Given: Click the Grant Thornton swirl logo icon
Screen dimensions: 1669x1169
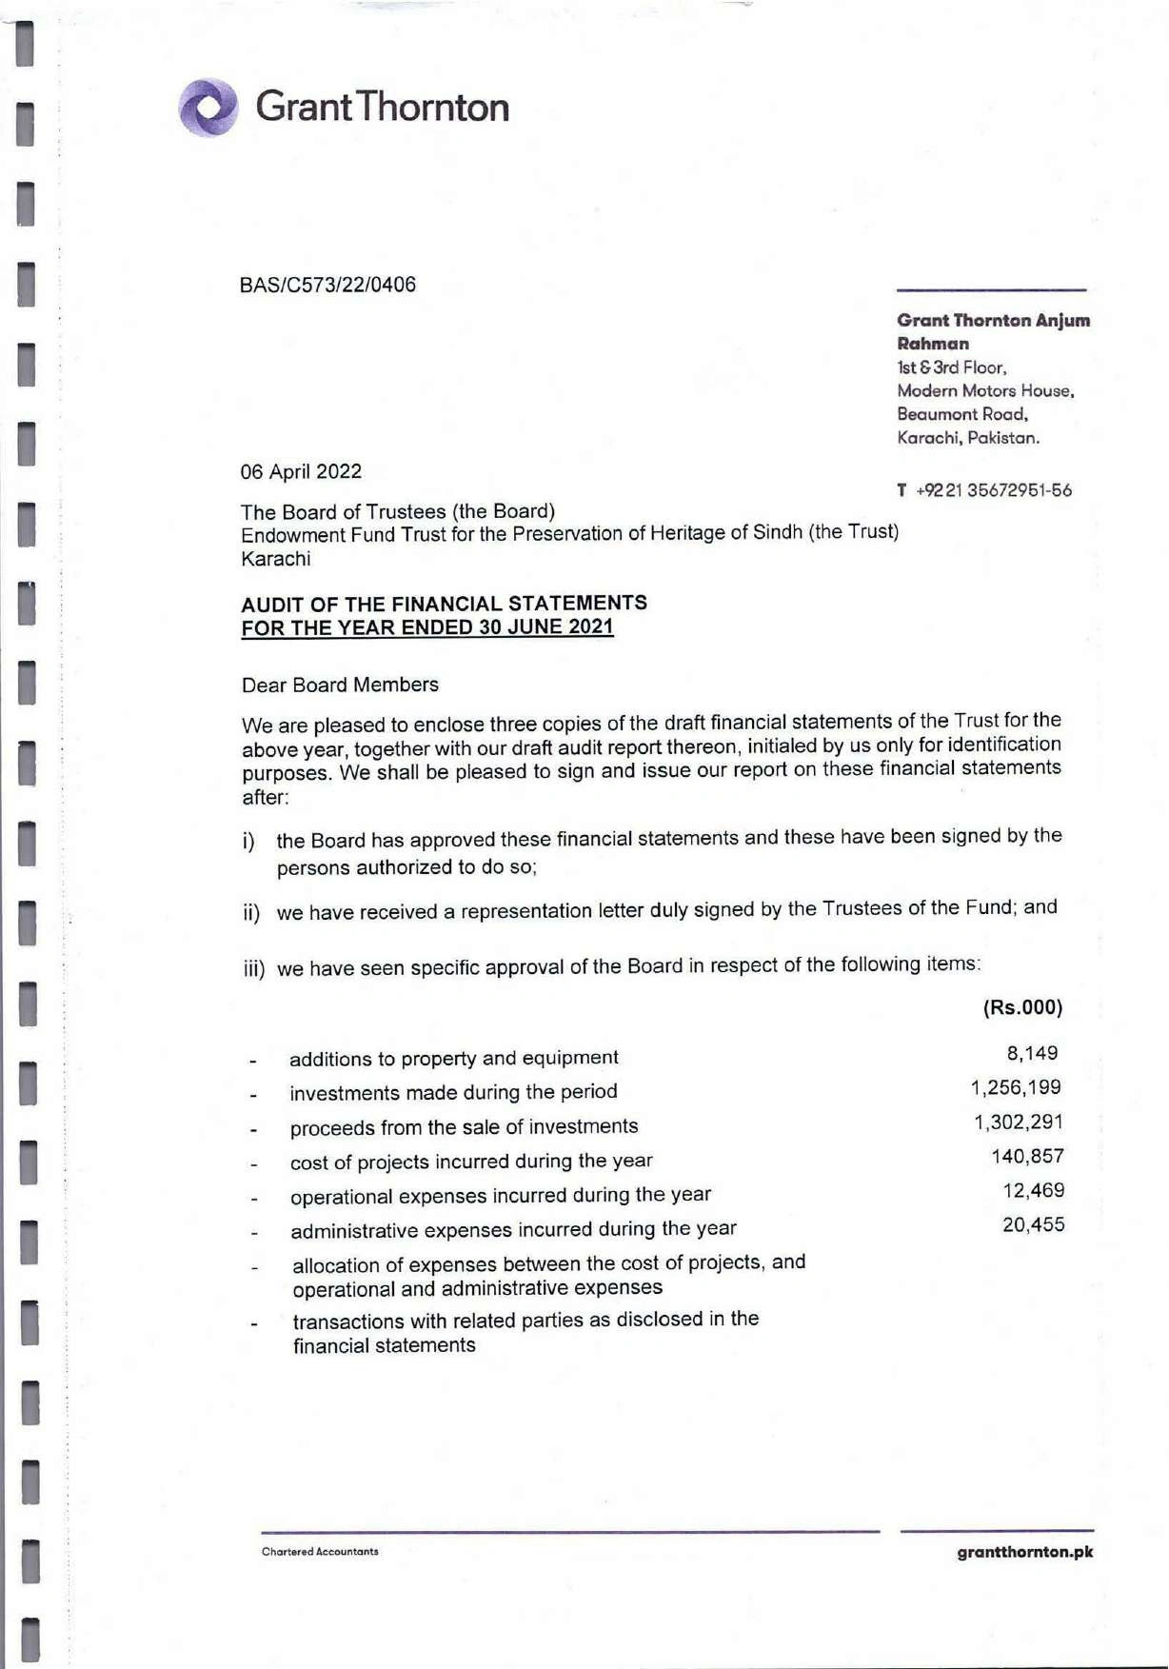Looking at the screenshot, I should coord(208,107).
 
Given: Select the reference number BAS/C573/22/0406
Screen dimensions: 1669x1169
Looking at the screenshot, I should coord(327,285).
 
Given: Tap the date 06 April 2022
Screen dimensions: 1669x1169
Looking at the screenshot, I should coord(301,471).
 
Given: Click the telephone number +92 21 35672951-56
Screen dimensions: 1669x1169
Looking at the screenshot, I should coord(993,490).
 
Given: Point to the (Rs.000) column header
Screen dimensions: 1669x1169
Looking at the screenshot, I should coord(1022,1007).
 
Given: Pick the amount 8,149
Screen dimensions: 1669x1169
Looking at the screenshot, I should coord(1032,1053).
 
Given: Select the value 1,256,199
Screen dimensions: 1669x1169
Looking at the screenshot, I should coord(1016,1087).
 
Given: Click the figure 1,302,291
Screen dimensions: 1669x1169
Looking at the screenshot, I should coord(1018,1122).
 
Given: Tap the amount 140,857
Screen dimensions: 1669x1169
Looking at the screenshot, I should coord(1027,1156).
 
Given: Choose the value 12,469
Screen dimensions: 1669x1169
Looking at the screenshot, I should coord(1033,1190).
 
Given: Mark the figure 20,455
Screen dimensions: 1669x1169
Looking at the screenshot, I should coord(1033,1224).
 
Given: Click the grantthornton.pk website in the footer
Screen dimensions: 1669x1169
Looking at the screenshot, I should coord(1024,1552).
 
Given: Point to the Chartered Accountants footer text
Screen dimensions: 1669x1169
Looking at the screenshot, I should coord(320,1552).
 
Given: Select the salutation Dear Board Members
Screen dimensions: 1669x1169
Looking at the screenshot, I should coord(340,685).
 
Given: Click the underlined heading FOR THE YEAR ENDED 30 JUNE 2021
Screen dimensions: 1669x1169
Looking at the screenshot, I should coord(427,627).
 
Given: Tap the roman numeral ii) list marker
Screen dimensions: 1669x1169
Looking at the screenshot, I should coord(251,913).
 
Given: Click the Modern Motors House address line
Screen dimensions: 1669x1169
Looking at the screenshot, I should coord(985,390).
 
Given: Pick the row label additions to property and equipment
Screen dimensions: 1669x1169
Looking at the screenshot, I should coord(453,1058).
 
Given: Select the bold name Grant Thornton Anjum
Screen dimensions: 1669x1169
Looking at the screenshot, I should coord(993,320).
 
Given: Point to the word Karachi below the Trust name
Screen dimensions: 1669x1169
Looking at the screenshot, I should coord(276,559).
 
